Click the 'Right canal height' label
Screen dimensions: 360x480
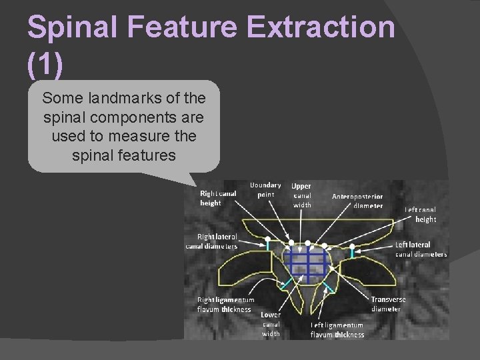coord(218,197)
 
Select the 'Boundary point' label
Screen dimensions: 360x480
coord(265,189)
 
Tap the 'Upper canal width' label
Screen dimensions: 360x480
coord(302,195)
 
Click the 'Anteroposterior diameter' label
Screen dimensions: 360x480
coord(358,201)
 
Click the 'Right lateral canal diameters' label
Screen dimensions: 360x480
coord(213,241)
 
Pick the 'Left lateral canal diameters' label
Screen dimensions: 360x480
coord(421,249)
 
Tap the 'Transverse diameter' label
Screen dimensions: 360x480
coord(388,304)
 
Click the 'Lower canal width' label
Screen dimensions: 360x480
coord(271,323)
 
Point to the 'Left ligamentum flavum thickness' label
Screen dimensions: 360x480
coord(337,329)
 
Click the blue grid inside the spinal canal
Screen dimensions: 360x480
coord(307,261)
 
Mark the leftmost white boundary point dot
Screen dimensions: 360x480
coord(267,238)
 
